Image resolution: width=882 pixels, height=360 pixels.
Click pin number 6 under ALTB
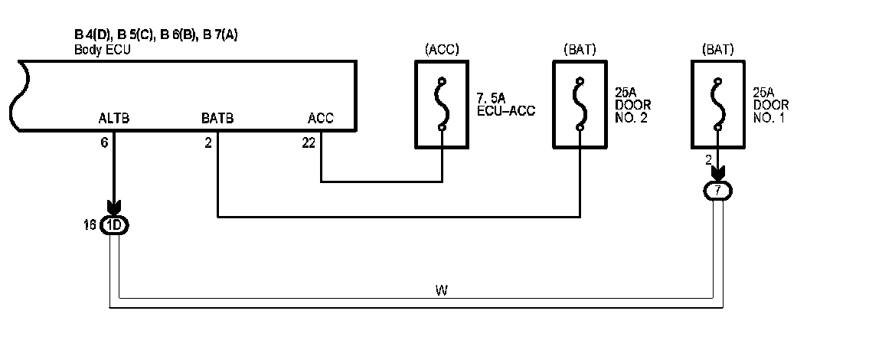(104, 142)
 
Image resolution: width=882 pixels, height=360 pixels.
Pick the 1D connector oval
(115, 225)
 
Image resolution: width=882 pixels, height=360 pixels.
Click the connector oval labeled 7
(717, 190)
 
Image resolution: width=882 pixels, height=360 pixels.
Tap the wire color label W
(441, 290)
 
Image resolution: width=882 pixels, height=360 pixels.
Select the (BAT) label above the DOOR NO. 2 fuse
(580, 51)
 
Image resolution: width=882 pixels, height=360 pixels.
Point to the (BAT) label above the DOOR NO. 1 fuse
(717, 51)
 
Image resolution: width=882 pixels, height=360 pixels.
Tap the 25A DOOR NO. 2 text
(633, 104)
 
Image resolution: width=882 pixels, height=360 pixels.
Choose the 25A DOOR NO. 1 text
(771, 104)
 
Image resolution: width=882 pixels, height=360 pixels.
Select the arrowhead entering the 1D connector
(114, 208)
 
